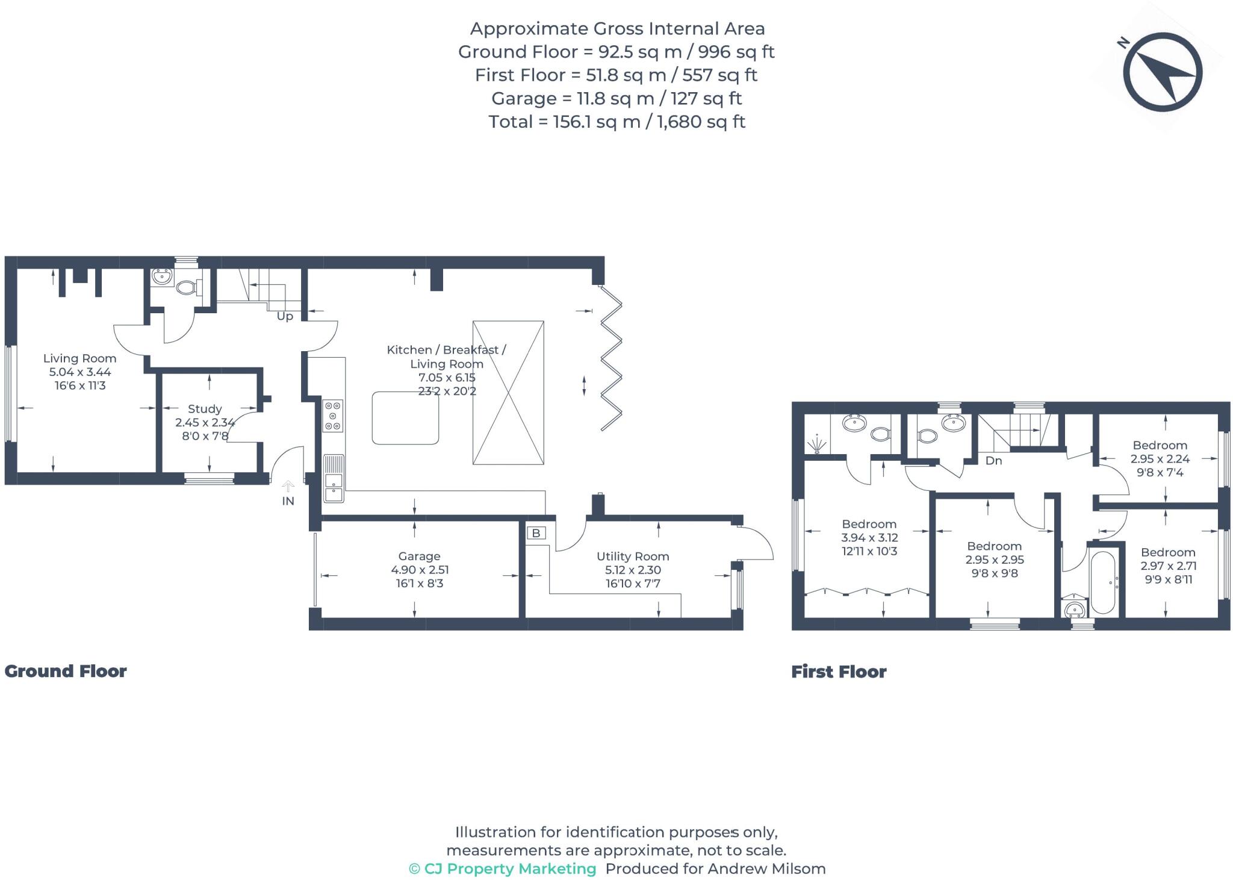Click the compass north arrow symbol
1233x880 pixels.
coord(1162,73)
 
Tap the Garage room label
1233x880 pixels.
coord(419,557)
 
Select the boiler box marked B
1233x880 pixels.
coord(536,533)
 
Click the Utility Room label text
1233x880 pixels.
coord(633,557)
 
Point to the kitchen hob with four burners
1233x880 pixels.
coord(333,416)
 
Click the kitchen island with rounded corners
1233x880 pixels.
coord(405,418)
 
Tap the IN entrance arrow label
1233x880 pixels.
coord(288,501)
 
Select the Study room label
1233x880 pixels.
coord(205,409)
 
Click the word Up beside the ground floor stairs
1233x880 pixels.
coord(285,316)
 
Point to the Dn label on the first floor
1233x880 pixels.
coord(993,461)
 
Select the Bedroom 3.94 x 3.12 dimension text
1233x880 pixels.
coord(869,538)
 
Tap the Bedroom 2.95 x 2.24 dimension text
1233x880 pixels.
coord(1160,459)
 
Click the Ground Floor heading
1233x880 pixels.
coord(66,671)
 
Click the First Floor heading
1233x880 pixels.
coord(839,672)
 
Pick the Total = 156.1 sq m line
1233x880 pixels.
coord(616,122)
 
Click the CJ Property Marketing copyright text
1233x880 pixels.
coord(503,869)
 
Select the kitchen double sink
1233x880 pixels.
coord(334,479)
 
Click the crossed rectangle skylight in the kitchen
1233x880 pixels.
coord(508,393)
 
